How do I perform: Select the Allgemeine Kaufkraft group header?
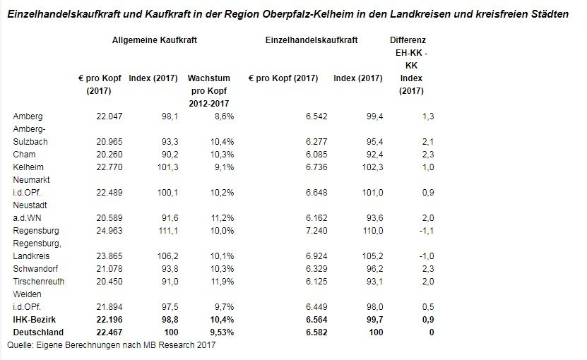coord(154,41)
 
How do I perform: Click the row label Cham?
coord(24,154)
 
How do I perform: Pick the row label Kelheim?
coord(28,167)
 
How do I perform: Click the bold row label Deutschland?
coord(39,332)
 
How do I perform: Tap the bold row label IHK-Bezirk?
coord(35,320)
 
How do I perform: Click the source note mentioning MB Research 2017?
coord(111,345)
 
